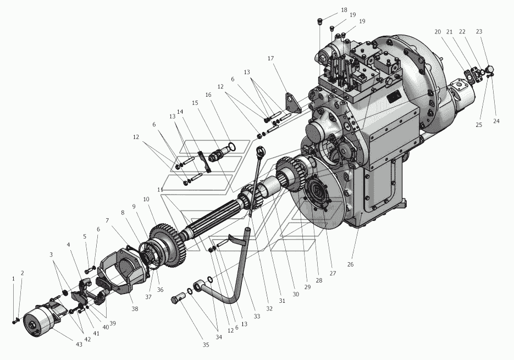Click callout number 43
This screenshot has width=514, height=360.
79,345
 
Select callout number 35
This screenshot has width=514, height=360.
206,345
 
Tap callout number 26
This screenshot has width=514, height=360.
350,264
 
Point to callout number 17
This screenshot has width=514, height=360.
270,58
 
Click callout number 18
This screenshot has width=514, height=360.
344,10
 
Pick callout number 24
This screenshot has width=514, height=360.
496,121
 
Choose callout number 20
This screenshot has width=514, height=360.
438,32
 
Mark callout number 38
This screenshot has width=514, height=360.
134,308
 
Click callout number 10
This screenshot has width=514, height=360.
146,200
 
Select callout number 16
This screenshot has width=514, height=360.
208,95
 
